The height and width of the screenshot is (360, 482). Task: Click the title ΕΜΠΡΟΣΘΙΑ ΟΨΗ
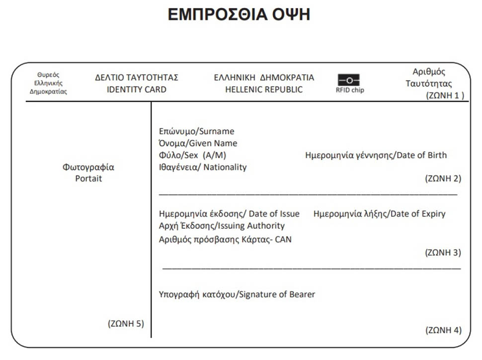click(x=239, y=14)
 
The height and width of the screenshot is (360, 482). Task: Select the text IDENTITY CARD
click(x=137, y=90)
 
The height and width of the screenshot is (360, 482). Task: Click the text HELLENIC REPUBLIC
click(x=264, y=90)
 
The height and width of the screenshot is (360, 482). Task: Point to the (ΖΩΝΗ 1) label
click(x=445, y=95)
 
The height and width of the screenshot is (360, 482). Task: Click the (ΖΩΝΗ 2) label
click(x=443, y=178)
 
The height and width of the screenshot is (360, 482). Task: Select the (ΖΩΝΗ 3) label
click(x=443, y=253)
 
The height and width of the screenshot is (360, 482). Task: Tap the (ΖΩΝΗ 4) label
click(x=443, y=330)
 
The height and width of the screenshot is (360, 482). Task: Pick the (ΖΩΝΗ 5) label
click(x=126, y=323)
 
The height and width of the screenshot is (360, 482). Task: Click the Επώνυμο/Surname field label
click(x=196, y=131)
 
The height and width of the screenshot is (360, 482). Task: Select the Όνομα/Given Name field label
click(x=198, y=143)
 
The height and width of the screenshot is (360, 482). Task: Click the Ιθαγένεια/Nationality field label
click(x=203, y=167)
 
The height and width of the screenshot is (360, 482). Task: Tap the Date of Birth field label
click(x=376, y=155)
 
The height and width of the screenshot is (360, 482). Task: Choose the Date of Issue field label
click(x=229, y=214)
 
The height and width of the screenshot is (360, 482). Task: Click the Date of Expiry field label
click(x=379, y=214)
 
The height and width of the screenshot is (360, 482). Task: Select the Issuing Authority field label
click(x=222, y=226)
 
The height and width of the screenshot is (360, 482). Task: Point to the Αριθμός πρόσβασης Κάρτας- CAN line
click(x=225, y=239)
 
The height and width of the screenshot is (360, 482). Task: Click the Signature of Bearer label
click(x=237, y=294)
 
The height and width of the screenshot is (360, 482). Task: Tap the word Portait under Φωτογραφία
click(x=88, y=179)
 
